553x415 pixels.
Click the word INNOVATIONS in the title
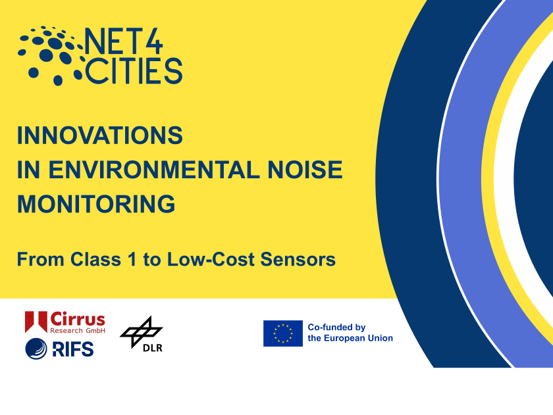point(100,135)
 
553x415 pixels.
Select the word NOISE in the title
point(305,170)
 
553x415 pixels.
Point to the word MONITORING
point(96,204)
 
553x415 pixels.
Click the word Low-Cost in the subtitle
point(211,259)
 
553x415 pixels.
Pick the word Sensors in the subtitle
point(298,259)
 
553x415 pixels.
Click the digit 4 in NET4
point(154,42)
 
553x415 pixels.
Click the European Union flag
point(283,333)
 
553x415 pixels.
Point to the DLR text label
point(152,348)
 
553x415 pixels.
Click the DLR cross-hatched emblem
point(141,331)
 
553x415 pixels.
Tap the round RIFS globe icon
point(36,349)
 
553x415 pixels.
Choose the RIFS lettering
point(73,349)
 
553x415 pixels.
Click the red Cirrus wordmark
point(78,320)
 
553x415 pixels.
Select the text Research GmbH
point(78,330)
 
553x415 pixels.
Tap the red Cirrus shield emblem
point(36,322)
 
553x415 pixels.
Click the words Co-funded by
point(336,328)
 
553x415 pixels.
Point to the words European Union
point(358,338)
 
